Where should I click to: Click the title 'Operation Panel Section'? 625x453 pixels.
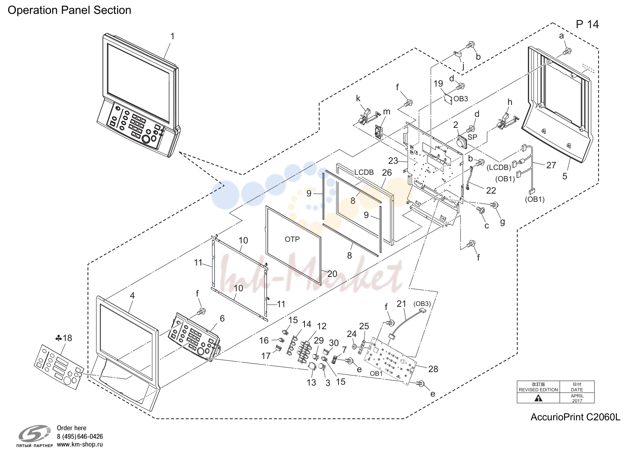click(69, 10)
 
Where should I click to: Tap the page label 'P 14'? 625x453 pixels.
click(587, 25)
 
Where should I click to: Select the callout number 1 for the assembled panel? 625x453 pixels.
click(172, 36)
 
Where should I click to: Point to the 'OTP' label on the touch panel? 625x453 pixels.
click(292, 239)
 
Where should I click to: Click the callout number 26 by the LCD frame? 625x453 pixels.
click(387, 173)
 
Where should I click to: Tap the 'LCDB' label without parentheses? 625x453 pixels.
click(364, 172)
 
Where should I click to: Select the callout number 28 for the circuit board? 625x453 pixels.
click(433, 369)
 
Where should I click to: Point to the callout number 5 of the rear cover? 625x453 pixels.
click(565, 176)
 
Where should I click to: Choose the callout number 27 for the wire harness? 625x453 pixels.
click(551, 165)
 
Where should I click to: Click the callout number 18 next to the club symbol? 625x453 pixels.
click(67, 338)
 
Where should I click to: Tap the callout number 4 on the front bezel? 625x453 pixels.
click(132, 296)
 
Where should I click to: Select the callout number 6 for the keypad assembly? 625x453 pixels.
click(222, 319)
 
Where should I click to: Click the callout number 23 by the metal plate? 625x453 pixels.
click(393, 161)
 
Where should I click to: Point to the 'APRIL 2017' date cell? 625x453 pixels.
click(577, 398)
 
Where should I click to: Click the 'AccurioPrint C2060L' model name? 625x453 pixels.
click(575, 417)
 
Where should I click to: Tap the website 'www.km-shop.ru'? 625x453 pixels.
click(80, 445)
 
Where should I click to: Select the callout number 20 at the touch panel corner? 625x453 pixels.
click(332, 274)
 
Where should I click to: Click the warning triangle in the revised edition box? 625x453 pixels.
click(538, 399)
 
